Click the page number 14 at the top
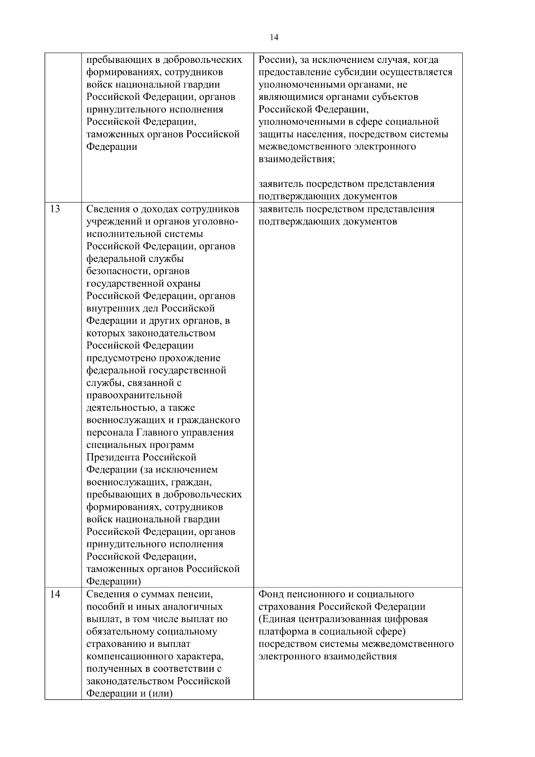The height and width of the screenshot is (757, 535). click(x=274, y=38)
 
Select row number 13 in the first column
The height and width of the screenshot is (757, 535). click(x=55, y=209)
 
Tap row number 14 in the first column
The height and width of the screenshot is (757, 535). click(x=55, y=594)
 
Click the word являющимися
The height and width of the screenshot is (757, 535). click(x=286, y=97)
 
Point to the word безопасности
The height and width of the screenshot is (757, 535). click(x=112, y=271)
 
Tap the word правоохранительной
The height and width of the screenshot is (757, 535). click(x=134, y=395)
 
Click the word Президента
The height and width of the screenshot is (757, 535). click(x=112, y=458)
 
